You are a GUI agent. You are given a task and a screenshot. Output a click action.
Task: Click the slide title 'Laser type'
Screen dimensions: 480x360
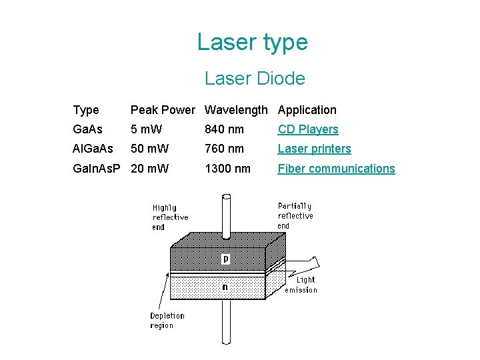[252, 43]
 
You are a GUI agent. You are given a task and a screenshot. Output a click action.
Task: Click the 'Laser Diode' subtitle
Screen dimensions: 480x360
[255, 79]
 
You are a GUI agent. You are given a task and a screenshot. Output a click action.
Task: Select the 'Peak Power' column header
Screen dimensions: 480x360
[163, 110]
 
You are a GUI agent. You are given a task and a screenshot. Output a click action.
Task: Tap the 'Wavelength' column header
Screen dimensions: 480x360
[236, 110]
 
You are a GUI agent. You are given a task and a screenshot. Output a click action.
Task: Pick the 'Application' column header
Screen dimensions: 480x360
[307, 110]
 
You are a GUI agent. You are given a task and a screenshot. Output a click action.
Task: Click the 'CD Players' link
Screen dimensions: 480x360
[308, 129]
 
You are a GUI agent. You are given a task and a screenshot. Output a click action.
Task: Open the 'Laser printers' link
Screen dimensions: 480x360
[314, 149]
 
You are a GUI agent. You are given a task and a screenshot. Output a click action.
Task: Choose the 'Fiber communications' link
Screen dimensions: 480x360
[336, 169]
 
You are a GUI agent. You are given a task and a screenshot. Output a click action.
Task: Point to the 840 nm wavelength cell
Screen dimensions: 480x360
[224, 129]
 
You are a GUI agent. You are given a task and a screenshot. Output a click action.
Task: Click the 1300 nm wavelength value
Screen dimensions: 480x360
[227, 169]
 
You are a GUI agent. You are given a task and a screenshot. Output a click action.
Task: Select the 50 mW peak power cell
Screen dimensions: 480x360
[150, 149]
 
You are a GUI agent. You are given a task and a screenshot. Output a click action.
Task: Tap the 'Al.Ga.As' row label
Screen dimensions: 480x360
[93, 149]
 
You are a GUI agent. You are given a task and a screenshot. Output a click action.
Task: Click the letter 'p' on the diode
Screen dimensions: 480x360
[225, 259]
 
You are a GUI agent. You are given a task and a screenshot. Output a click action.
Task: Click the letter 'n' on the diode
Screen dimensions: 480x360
[225, 287]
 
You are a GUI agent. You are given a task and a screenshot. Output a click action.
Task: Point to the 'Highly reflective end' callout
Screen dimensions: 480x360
[170, 217]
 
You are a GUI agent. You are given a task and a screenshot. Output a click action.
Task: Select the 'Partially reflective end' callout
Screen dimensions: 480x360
[295, 216]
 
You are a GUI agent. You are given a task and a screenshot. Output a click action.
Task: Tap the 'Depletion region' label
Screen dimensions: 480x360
[167, 321]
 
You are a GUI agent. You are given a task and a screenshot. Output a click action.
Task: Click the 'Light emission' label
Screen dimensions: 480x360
[301, 285]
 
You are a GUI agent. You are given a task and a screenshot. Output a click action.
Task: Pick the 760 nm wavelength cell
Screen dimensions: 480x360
[224, 149]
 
